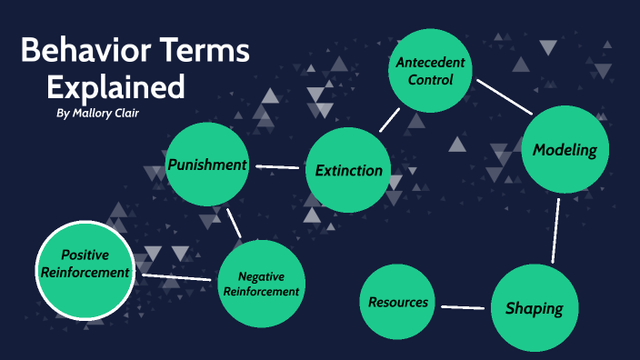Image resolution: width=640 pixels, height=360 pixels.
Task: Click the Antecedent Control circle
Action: point(430,72)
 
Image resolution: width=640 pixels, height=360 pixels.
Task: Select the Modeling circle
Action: point(564,150)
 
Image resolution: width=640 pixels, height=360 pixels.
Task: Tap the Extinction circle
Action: point(347,171)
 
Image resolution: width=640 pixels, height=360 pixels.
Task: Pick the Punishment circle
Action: point(207,165)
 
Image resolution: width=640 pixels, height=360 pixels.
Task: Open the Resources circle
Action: point(398,302)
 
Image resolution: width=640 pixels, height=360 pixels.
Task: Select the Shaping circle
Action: point(534,307)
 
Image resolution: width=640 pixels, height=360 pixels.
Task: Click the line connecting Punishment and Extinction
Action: point(278,167)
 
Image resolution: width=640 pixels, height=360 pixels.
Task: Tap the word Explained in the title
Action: point(115,87)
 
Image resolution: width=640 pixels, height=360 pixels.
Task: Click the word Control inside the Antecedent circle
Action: point(430,80)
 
